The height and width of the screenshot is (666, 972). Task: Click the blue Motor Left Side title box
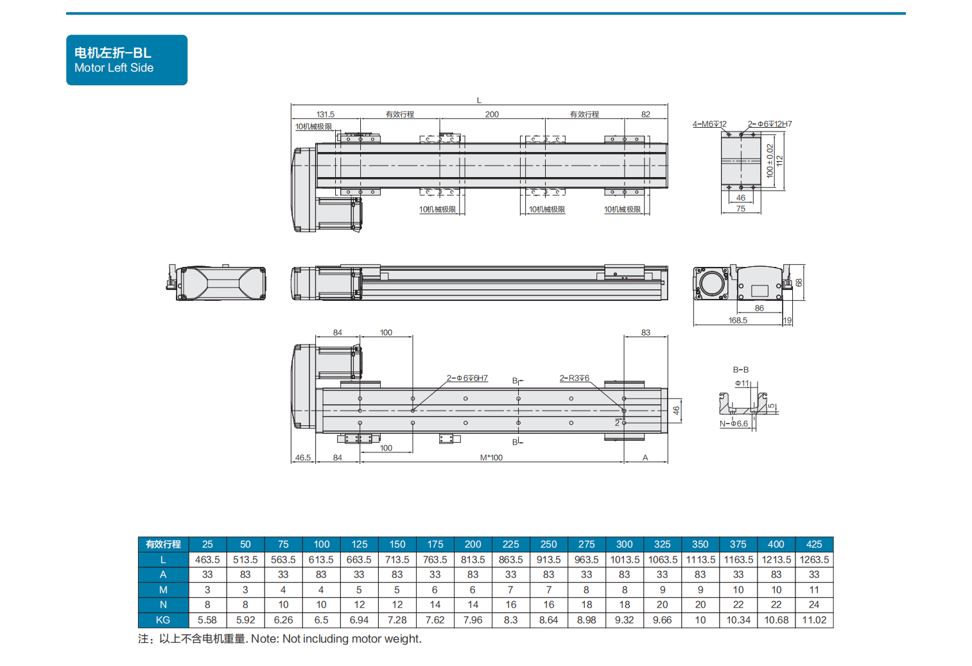(x=126, y=60)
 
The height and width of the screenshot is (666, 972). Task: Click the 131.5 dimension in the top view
(x=325, y=114)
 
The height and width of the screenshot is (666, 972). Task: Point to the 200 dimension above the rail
(x=492, y=114)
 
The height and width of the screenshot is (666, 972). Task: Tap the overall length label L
(x=479, y=101)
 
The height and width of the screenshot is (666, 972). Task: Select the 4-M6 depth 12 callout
(x=709, y=124)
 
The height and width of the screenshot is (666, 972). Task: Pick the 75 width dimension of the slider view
(x=741, y=209)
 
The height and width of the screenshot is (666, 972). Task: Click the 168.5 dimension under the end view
(x=738, y=320)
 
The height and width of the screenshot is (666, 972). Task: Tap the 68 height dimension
(x=799, y=283)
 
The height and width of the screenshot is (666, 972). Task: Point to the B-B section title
(x=741, y=370)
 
